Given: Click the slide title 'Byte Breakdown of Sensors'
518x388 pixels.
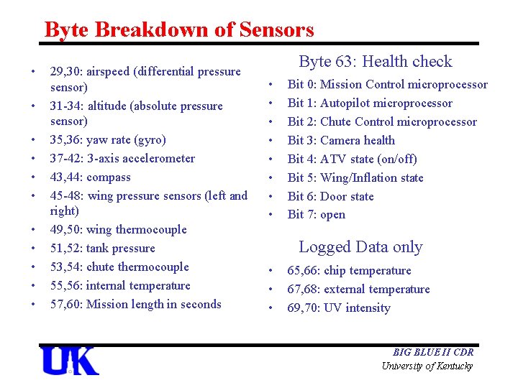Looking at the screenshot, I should pyautogui.click(x=179, y=30).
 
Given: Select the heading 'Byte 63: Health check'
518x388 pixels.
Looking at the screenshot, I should pyautogui.click(x=375, y=62).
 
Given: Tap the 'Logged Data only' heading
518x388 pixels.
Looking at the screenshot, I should pyautogui.click(x=360, y=247).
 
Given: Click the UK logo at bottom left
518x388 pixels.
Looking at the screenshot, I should pyautogui.click(x=70, y=361).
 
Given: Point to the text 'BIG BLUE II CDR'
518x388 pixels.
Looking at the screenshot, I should pyautogui.click(x=432, y=352).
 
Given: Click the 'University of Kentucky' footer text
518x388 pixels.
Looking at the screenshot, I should pyautogui.click(x=427, y=366).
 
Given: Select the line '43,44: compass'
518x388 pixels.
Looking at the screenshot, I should pyautogui.click(x=90, y=177).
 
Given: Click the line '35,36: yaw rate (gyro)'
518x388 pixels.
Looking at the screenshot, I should pyautogui.click(x=107, y=140).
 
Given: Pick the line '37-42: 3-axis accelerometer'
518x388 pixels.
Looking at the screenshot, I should pyautogui.click(x=122, y=159).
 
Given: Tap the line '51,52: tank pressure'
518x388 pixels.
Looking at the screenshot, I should pyautogui.click(x=102, y=249).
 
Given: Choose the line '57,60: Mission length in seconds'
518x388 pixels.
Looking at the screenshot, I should pyautogui.click(x=135, y=305).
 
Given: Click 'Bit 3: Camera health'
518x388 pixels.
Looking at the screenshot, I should pyautogui.click(x=341, y=141).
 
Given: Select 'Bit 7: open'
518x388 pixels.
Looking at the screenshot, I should pyautogui.click(x=316, y=215).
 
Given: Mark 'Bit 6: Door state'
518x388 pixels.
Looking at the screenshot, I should pyautogui.click(x=330, y=196).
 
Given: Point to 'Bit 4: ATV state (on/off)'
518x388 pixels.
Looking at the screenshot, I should pyautogui.click(x=352, y=160).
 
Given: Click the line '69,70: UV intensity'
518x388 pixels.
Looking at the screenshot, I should pyautogui.click(x=338, y=308).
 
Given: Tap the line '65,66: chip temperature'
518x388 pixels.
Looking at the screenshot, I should pyautogui.click(x=349, y=271).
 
